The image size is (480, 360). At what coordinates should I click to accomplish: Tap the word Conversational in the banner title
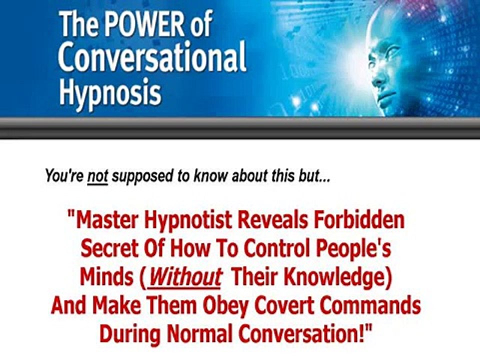click(152, 57)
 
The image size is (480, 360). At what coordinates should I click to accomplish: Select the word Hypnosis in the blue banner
click(110, 90)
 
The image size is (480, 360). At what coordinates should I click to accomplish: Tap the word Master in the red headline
click(108, 220)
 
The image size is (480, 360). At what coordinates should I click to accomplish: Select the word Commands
click(370, 305)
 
